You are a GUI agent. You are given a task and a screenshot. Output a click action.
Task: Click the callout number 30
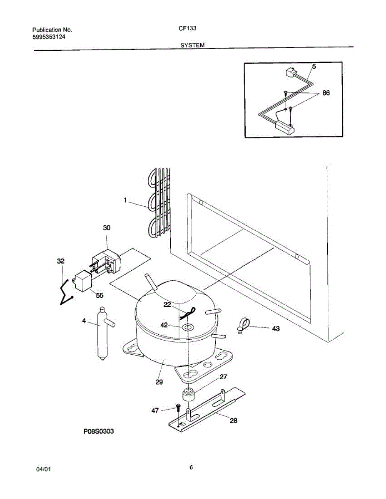point(107,228)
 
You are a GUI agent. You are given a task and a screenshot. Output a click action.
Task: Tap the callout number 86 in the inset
point(326,93)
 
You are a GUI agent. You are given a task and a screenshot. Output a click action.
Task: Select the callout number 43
point(276,329)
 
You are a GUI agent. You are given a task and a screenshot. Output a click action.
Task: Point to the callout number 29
point(159,382)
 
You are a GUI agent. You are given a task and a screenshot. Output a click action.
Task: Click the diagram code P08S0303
point(98,432)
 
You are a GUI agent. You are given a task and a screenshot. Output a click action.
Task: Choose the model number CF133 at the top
point(189,29)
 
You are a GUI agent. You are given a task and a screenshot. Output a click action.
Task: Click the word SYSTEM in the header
point(192,45)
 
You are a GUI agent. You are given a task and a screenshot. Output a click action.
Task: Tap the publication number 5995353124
point(49,37)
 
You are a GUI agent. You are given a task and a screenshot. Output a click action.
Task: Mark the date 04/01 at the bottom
point(44,469)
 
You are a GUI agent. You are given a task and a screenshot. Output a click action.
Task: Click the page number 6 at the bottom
point(191,467)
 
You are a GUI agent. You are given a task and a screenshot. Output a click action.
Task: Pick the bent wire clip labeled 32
point(65,291)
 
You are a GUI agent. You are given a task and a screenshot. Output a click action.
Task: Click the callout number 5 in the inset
point(314,66)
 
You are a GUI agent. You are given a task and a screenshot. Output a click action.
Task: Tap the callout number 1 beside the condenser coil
point(125,200)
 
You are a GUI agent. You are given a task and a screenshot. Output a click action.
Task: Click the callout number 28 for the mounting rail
point(234,420)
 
